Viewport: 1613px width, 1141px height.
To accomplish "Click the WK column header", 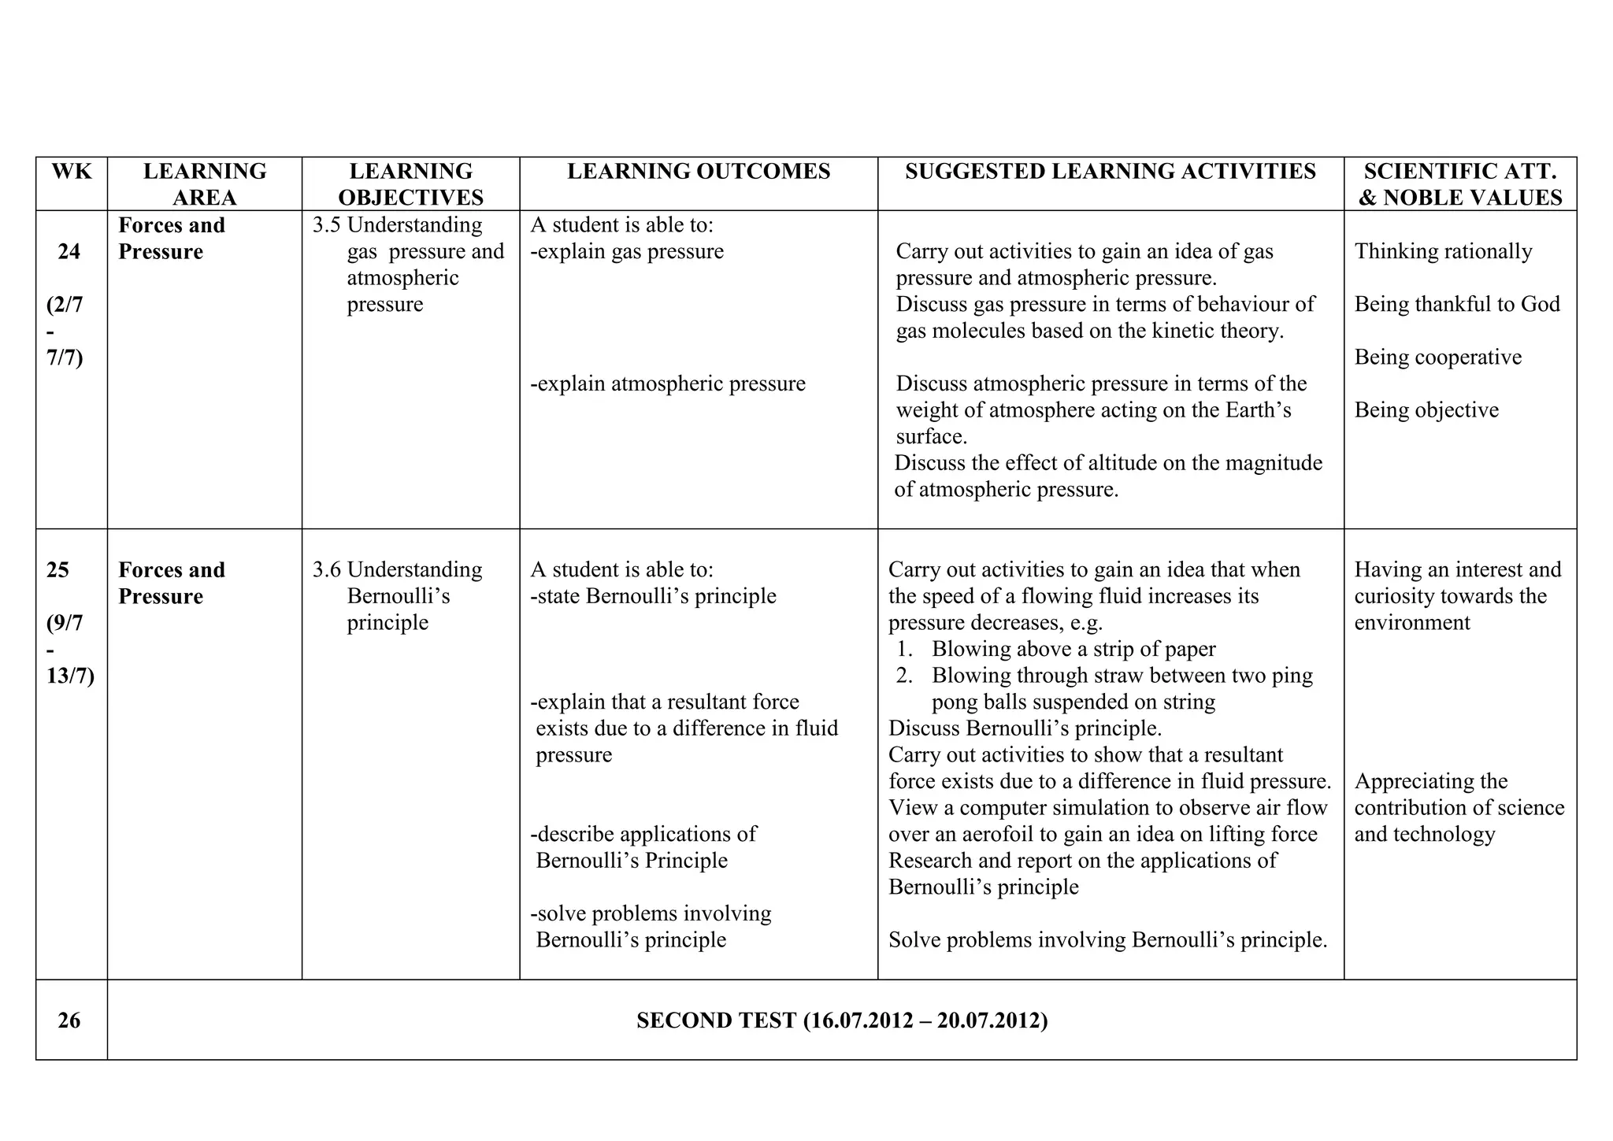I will click(72, 171).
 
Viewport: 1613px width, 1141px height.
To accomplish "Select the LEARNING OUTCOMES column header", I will click(699, 171).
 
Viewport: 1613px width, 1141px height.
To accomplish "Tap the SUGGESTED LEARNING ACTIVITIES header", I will click(1111, 171).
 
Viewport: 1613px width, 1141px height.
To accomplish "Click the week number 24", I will click(69, 251).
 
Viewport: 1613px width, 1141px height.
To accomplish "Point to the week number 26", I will click(69, 1021).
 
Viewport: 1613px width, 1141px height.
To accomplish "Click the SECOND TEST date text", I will click(842, 1021).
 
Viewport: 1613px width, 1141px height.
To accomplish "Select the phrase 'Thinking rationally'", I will click(1443, 251).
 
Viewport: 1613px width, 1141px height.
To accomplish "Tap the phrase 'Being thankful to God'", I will click(1457, 304).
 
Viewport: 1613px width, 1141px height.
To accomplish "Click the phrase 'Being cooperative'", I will click(1437, 357).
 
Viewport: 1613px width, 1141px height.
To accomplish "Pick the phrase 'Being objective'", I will click(1426, 410).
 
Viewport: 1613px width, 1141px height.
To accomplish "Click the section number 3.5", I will click(326, 225).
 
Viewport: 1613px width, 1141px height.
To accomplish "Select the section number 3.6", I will click(326, 570).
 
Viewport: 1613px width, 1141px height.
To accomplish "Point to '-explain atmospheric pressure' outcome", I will click(668, 384).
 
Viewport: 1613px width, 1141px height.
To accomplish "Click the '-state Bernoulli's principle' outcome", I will click(653, 596).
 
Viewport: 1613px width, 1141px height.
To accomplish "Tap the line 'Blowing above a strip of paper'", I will click(1073, 649).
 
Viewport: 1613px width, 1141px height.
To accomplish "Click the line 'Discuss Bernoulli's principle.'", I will click(1025, 728).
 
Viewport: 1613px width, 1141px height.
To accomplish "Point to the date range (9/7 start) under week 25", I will click(65, 623).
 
